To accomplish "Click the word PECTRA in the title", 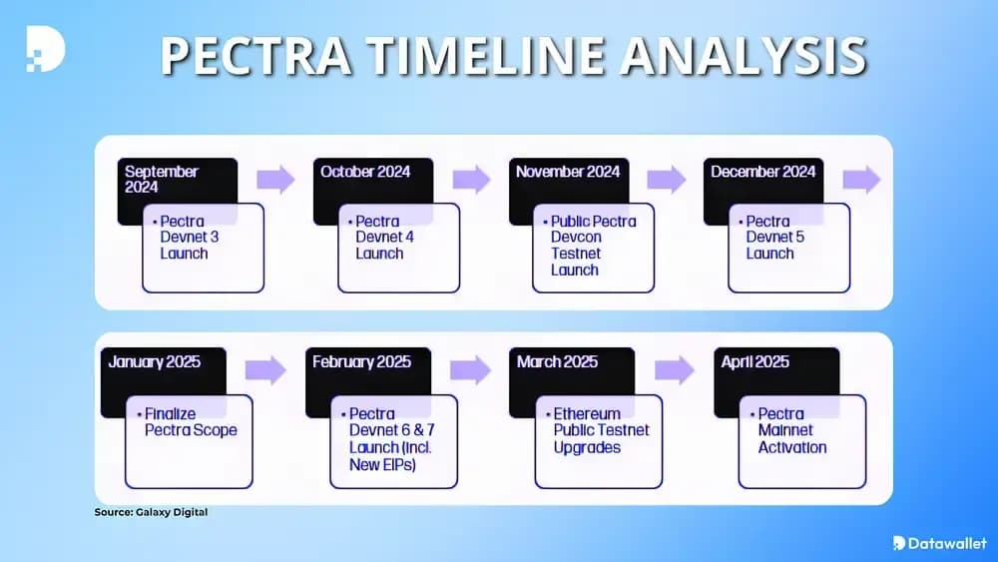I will coord(255,57).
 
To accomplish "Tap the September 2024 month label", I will coord(162,179).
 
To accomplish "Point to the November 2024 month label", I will coord(568,172).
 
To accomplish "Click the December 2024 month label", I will coord(763,172).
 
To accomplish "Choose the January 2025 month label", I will coord(155,361).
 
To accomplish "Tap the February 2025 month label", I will coord(360,361).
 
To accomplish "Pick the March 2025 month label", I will coord(557,361).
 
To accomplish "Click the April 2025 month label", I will coord(755,361).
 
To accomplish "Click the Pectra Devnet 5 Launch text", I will coord(775,238).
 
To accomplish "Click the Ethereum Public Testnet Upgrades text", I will coord(601,430).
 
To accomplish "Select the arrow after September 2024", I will coord(275,180).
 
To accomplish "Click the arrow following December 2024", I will coord(862,180).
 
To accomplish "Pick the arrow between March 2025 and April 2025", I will coord(675,369).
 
